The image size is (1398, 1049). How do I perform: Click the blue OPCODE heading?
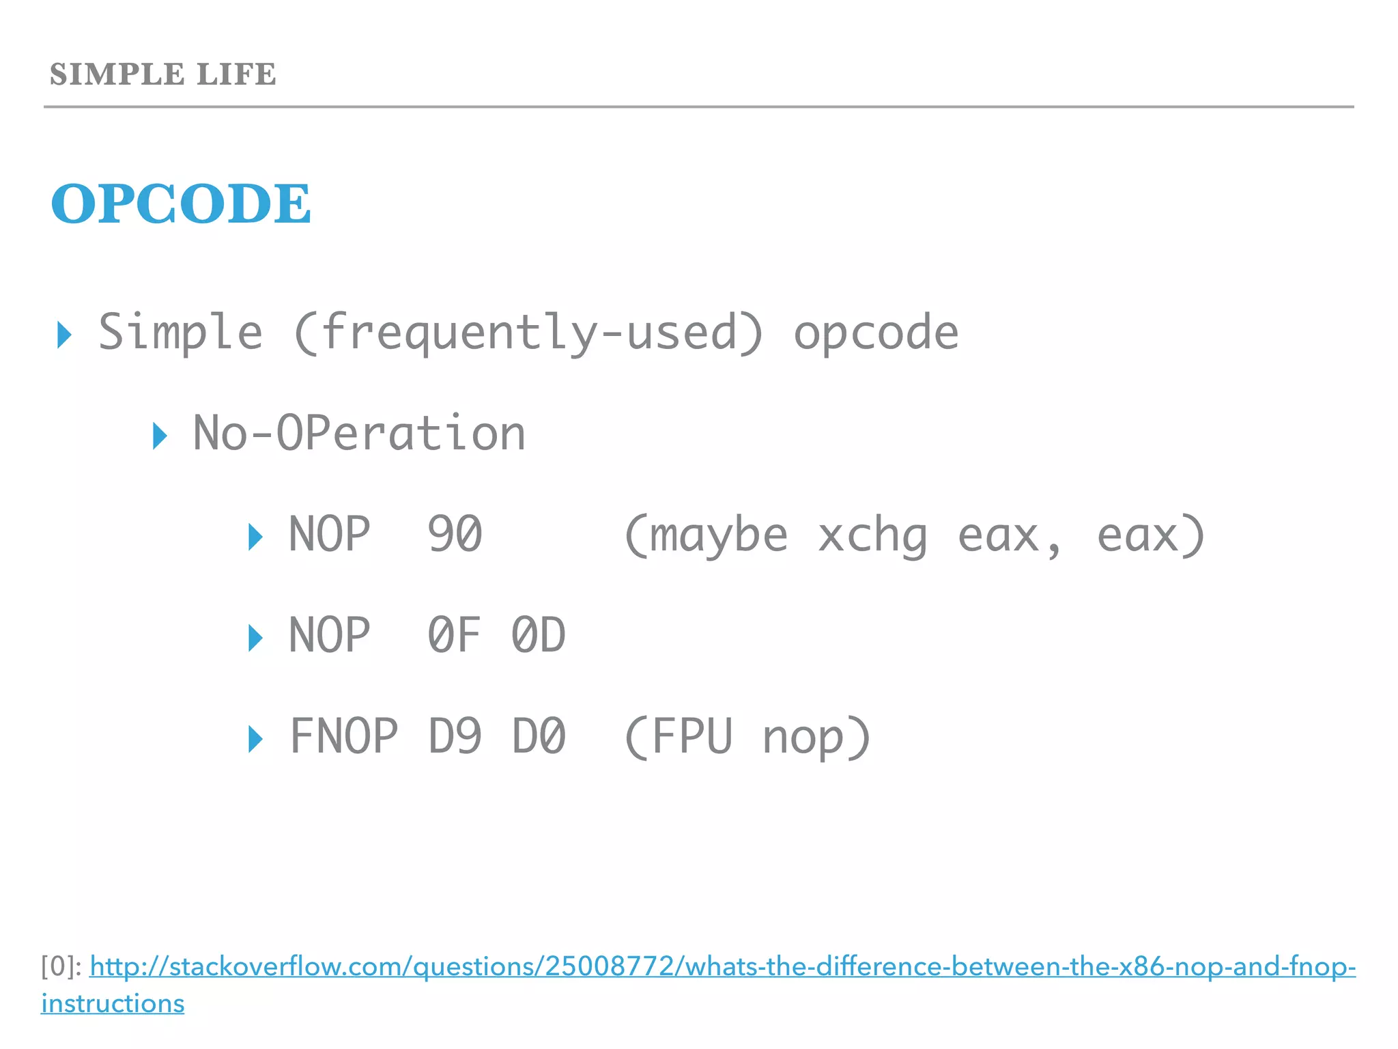[x=181, y=204]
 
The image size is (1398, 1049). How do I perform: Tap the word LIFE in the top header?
[x=236, y=74]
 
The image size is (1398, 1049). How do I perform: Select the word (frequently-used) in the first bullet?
[x=528, y=333]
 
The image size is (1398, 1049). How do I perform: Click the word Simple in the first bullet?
[x=180, y=333]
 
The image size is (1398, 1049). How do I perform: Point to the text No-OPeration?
[x=359, y=434]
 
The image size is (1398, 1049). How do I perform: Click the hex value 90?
[x=455, y=534]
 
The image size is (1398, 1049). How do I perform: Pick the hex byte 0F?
[x=454, y=635]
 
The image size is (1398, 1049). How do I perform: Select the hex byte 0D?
[x=538, y=635]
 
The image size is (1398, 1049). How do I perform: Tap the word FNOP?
[x=343, y=736]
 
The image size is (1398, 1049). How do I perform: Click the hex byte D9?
[x=455, y=736]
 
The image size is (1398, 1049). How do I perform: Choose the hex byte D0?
[x=539, y=736]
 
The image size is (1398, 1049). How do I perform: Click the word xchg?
[x=872, y=535]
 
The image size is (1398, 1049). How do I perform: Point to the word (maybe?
[x=705, y=535]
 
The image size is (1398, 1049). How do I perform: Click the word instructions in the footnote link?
[x=113, y=1003]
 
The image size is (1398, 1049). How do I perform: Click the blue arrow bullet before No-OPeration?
[x=160, y=436]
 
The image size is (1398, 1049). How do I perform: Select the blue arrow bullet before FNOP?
[x=255, y=739]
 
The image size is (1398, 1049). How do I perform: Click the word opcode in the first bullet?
[x=876, y=333]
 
